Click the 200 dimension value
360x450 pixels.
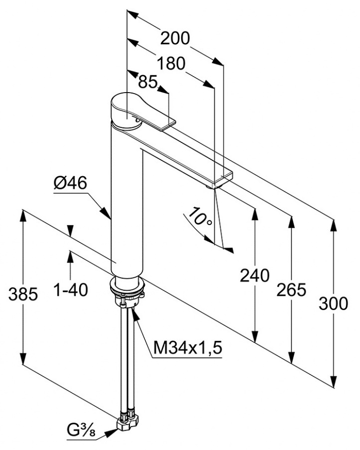(x=175, y=38)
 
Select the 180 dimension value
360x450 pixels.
(x=171, y=63)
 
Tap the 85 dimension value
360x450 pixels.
(x=148, y=82)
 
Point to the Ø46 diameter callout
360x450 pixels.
(x=70, y=184)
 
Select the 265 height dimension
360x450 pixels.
(x=291, y=289)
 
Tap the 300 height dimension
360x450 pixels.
(x=333, y=304)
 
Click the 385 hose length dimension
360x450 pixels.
(x=23, y=294)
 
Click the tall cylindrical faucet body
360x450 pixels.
(x=127, y=209)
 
